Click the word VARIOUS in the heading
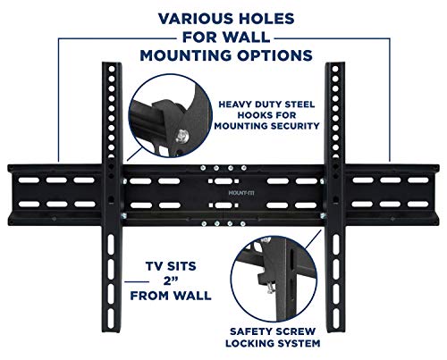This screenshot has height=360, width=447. (193, 19)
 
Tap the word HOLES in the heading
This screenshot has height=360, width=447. (264, 19)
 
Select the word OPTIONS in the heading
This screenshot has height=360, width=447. (274, 55)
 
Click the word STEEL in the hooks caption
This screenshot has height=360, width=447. (299, 105)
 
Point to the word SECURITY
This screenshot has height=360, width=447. (295, 126)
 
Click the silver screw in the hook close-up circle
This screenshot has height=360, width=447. (181, 137)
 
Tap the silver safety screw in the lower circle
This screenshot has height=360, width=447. (270, 289)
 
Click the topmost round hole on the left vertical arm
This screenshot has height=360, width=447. (112, 69)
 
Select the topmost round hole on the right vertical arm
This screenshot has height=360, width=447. (335, 69)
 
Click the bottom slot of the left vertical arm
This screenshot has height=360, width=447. (111, 319)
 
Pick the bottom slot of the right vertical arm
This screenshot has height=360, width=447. (336, 319)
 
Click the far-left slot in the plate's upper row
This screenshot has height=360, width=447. (29, 180)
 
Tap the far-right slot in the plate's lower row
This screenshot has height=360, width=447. (417, 205)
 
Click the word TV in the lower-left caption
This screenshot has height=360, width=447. (155, 266)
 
